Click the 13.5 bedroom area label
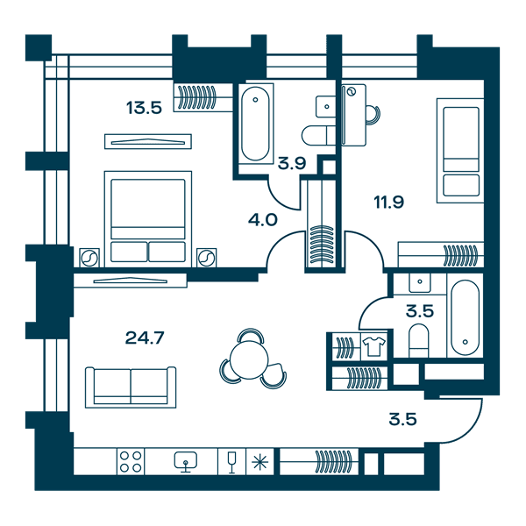[145, 108]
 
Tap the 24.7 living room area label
[145, 338]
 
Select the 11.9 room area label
[388, 203]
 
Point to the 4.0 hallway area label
[263, 220]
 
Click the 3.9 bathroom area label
[292, 163]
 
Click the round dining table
[249, 360]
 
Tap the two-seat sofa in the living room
[131, 387]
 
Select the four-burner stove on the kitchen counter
[131, 462]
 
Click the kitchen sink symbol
[186, 462]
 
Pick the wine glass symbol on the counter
[231, 462]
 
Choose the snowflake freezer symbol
[260, 462]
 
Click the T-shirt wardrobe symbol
[374, 346]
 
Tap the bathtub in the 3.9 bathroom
[256, 124]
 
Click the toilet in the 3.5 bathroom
[419, 340]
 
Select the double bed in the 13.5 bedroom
[148, 219]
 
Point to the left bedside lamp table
[89, 258]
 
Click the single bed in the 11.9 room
[460, 151]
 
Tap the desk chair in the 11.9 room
[373, 116]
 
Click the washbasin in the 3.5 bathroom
[420, 282]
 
